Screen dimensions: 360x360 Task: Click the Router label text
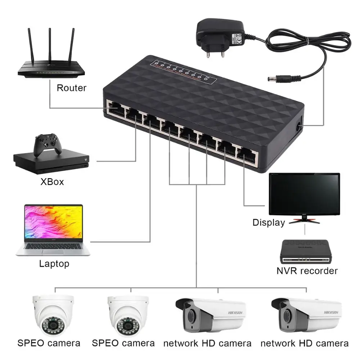[x=71, y=88]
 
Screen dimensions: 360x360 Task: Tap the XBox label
[x=52, y=181]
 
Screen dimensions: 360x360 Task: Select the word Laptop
[x=54, y=264]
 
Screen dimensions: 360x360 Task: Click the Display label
[x=269, y=222]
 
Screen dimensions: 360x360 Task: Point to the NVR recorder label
[x=307, y=271]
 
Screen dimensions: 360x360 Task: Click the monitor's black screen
[x=304, y=193]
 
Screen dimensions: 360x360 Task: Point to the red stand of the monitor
[x=305, y=220]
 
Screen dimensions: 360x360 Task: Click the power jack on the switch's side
[x=298, y=126]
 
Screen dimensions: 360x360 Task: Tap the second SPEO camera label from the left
[x=123, y=343]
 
